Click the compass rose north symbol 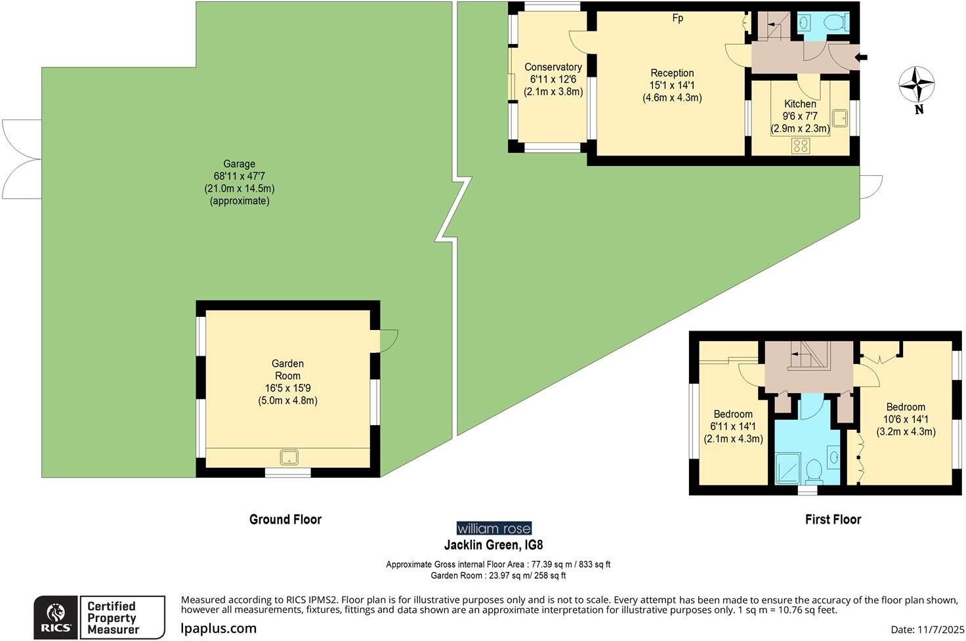(x=916, y=85)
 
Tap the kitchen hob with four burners (x=801, y=146)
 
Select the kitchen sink (x=839, y=118)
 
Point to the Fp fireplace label (x=677, y=18)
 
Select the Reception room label (x=672, y=73)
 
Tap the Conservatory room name (x=553, y=67)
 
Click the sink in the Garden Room (x=289, y=457)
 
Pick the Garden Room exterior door (x=388, y=340)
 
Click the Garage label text (x=239, y=164)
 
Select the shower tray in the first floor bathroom (x=787, y=468)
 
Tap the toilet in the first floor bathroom (x=814, y=470)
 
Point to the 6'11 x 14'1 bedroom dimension (x=733, y=426)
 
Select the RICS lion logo (x=56, y=617)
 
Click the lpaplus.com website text (x=219, y=629)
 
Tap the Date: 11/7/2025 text (x=924, y=630)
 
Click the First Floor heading (x=833, y=520)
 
